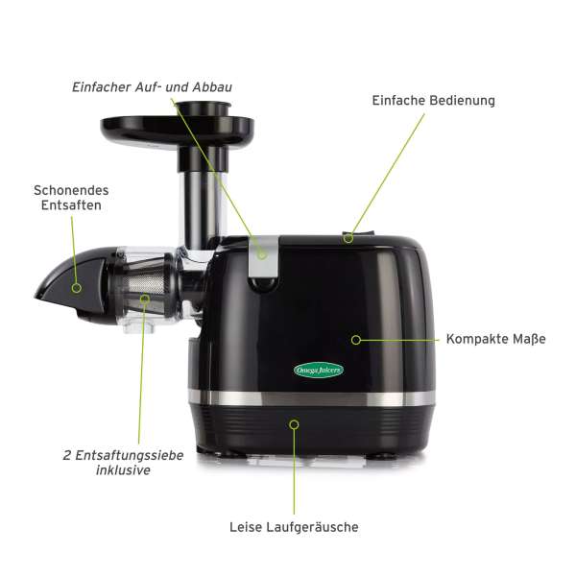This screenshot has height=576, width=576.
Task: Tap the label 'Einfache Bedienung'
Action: [x=433, y=100]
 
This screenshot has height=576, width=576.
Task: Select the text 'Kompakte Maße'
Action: [x=495, y=339]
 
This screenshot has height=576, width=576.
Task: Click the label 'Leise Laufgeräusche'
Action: [x=294, y=526]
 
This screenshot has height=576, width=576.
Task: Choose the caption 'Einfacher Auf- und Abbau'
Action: [x=152, y=87]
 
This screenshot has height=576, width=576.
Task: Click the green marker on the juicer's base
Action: [x=294, y=423]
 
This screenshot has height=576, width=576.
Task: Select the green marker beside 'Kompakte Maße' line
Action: [x=356, y=339]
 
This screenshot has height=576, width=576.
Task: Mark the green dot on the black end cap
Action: [x=76, y=286]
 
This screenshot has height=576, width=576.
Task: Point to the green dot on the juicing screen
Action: [x=144, y=299]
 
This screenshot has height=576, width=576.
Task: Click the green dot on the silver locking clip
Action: [x=261, y=255]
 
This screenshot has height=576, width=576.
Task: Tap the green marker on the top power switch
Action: [x=349, y=237]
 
